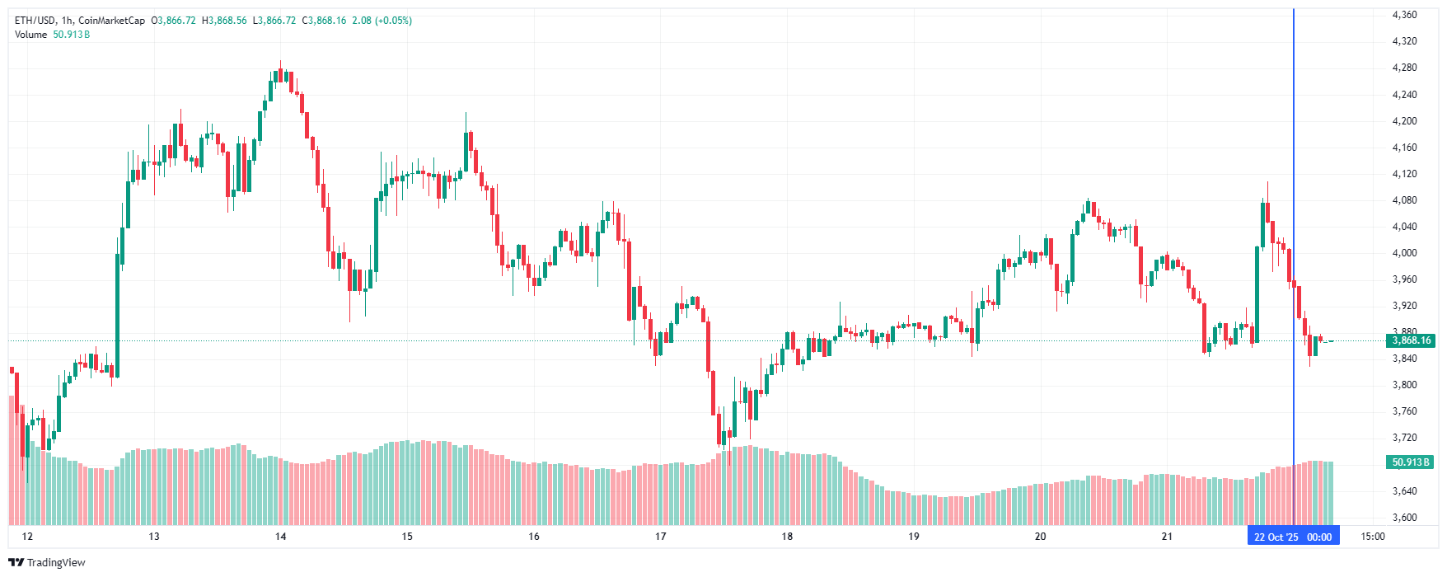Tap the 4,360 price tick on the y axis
pyautogui.click(x=1404, y=15)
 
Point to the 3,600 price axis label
pyautogui.click(x=1404, y=518)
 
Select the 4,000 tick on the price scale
pyautogui.click(x=1404, y=253)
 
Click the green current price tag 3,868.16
pyautogui.click(x=1411, y=340)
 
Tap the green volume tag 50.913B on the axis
pyautogui.click(x=1411, y=462)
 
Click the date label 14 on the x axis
pyautogui.click(x=281, y=537)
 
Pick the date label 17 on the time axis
pyautogui.click(x=660, y=537)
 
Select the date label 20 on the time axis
pyautogui.click(x=1040, y=537)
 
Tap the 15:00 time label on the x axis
pyautogui.click(x=1372, y=537)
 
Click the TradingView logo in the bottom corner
pyautogui.click(x=47, y=562)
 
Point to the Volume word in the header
pyautogui.click(x=30, y=35)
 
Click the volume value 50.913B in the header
pyautogui.click(x=72, y=35)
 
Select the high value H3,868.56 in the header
pyautogui.click(x=224, y=21)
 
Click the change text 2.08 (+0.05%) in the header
pyautogui.click(x=382, y=21)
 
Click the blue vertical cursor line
pyautogui.click(x=1294, y=247)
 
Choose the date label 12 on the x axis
pyautogui.click(x=28, y=537)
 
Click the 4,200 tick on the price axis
pyautogui.click(x=1404, y=121)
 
